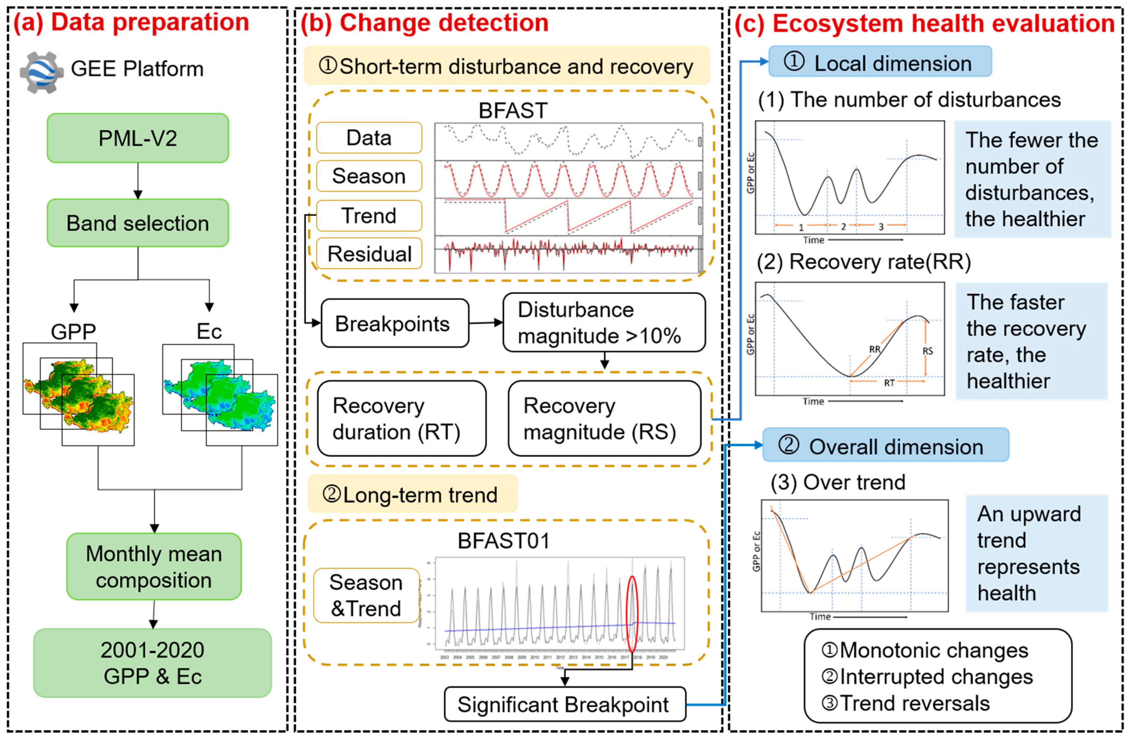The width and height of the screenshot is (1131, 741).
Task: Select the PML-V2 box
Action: point(138,138)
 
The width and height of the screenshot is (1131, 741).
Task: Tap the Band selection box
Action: point(138,223)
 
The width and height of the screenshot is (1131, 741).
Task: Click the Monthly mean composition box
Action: point(154,567)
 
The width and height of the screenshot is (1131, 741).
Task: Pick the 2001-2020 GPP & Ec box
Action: point(152,663)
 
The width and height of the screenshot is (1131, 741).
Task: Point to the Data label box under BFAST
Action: point(369,138)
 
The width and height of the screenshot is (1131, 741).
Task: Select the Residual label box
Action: point(369,254)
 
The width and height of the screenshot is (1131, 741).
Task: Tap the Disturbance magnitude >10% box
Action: point(604,323)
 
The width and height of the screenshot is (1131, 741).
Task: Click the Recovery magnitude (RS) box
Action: point(604,419)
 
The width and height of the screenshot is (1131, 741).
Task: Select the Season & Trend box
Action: point(366,596)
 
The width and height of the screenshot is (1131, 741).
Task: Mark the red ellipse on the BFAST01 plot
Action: point(632,614)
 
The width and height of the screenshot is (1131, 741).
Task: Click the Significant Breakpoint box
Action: point(565,704)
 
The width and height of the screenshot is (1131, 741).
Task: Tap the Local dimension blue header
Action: point(880,62)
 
